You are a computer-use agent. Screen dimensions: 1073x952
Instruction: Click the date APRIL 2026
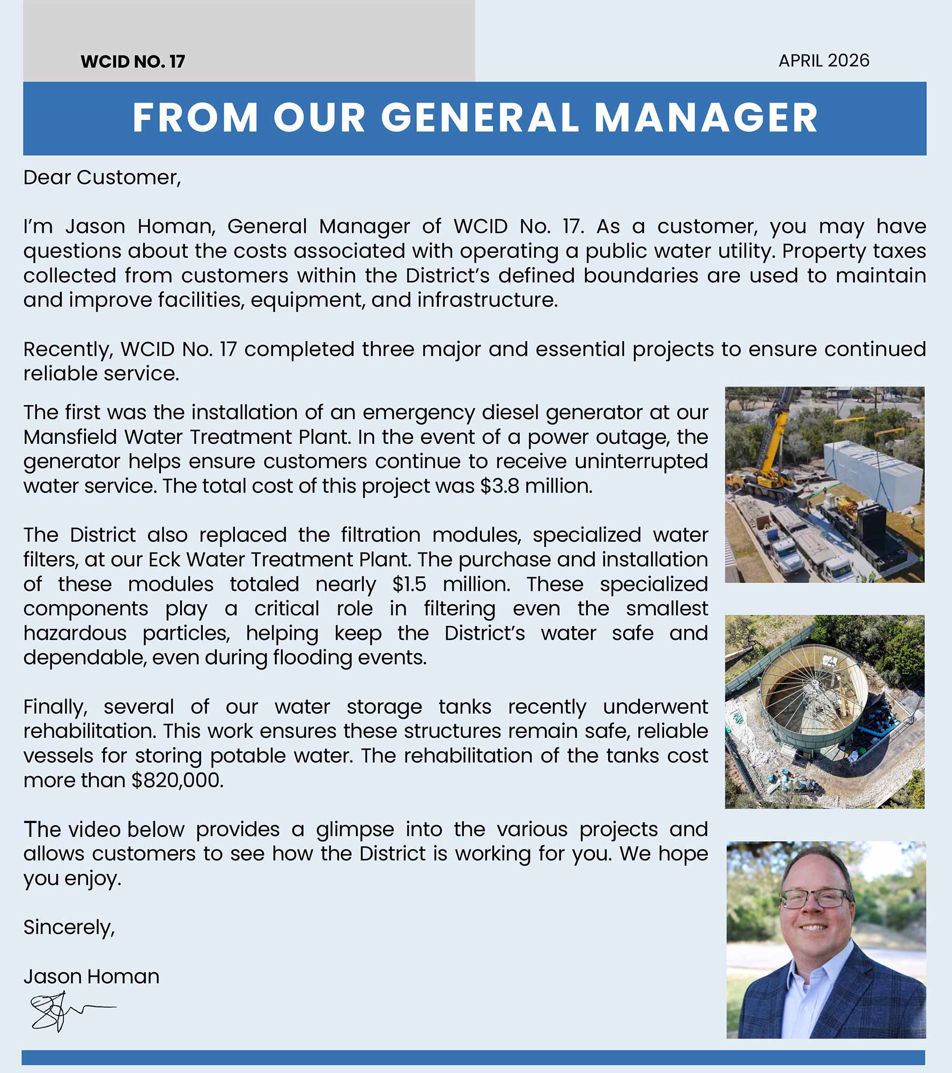point(823,61)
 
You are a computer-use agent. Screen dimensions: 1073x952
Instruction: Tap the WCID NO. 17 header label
point(132,62)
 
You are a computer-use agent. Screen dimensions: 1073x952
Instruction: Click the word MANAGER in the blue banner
point(706,117)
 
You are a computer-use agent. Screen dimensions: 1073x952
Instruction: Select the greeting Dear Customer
point(102,178)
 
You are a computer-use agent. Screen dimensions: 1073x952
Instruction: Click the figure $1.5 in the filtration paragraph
point(409,584)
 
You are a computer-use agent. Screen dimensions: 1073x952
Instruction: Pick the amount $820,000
point(176,781)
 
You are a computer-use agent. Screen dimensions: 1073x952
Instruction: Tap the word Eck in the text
point(164,560)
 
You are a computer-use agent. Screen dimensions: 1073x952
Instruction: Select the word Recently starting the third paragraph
point(67,350)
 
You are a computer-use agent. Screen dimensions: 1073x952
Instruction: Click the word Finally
point(55,707)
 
